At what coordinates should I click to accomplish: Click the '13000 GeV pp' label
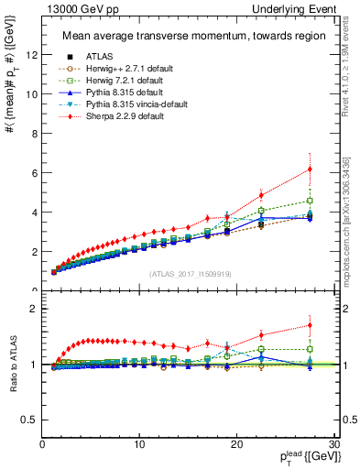72,8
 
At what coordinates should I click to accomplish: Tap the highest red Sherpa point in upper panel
310,169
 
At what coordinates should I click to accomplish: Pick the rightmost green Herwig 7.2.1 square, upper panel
310,201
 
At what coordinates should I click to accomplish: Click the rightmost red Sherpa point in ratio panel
310,325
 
